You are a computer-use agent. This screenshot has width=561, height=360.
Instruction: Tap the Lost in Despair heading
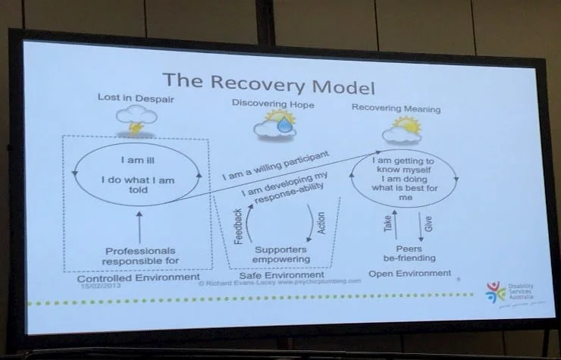[131, 99]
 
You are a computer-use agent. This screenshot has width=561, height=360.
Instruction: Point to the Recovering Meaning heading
[396, 108]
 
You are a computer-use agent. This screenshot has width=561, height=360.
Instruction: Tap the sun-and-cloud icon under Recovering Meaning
[401, 131]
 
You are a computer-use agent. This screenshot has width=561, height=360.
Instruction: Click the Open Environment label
[409, 273]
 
